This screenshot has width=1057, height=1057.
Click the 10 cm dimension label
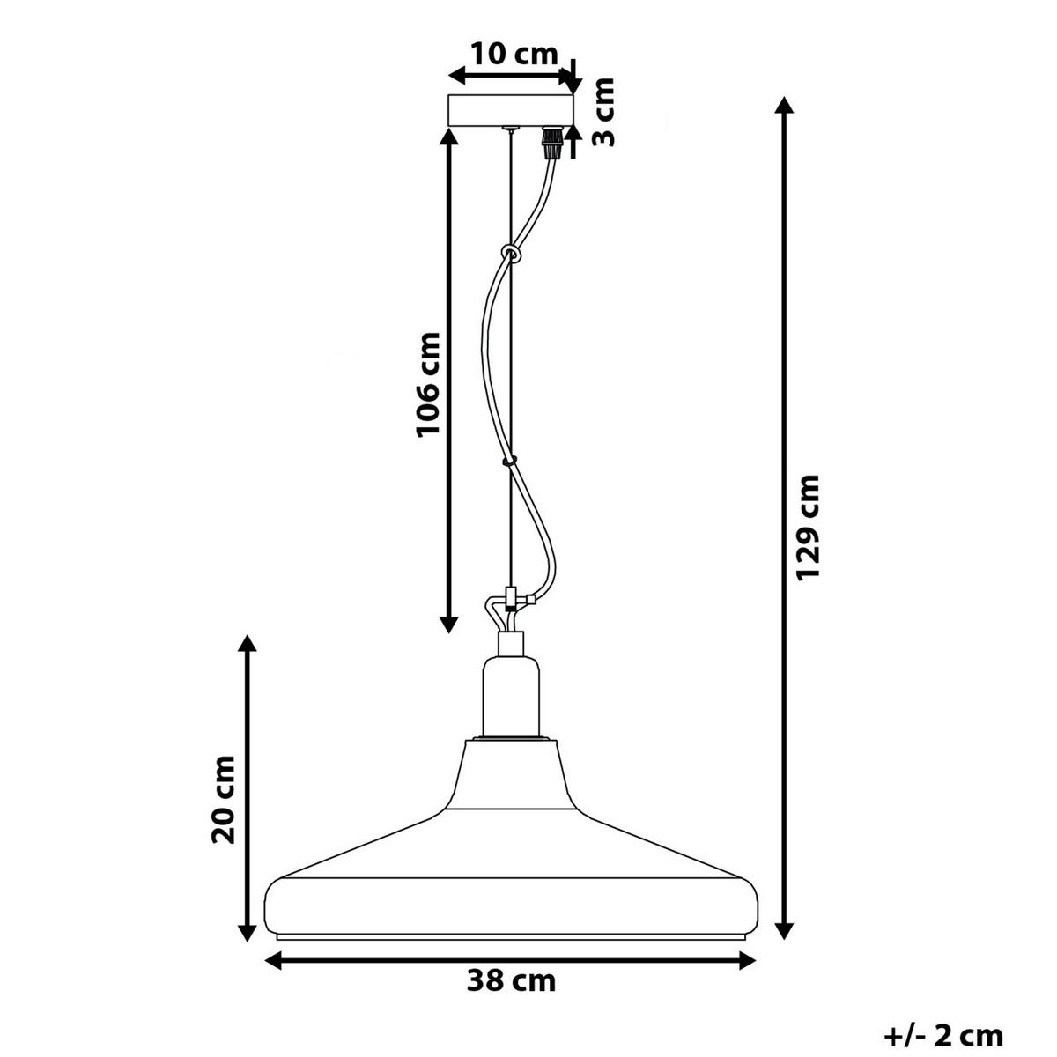tap(514, 55)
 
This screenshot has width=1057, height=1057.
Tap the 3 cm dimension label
tap(604, 113)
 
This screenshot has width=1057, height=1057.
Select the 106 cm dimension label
tap(428, 384)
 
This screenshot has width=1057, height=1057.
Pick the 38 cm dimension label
tap(511, 980)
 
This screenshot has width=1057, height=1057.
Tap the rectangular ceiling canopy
tap(511, 111)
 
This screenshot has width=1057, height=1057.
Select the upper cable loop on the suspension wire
tap(510, 253)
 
